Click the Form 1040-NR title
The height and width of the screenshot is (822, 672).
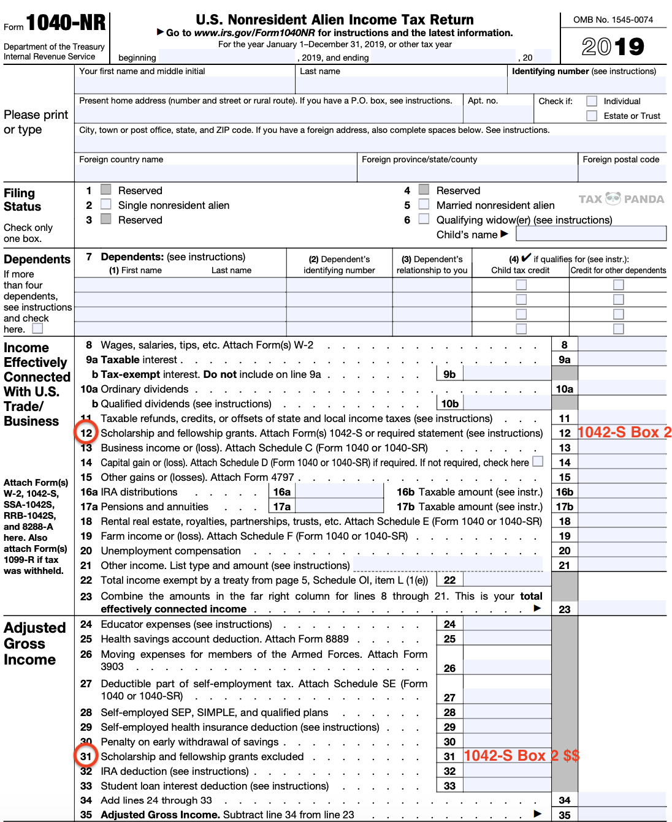coord(65,23)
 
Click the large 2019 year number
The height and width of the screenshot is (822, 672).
coord(613,47)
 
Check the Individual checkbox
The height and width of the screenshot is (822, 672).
coord(592,101)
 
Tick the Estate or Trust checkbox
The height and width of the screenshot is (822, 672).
coord(592,116)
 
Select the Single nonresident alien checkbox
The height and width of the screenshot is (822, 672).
coord(106,205)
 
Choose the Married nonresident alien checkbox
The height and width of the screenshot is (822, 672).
coord(424,205)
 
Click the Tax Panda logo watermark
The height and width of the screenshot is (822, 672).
coord(620,199)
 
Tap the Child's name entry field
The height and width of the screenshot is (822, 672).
coord(590,234)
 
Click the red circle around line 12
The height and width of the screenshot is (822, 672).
coord(86,433)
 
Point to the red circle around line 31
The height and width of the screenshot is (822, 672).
coord(86,756)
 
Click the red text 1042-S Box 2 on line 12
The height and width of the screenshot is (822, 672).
coord(624,432)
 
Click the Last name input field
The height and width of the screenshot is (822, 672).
coord(402,85)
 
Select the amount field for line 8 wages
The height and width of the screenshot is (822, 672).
coord(622,344)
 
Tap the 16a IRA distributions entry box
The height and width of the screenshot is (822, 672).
coord(339,491)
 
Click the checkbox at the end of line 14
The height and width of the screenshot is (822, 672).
coord(538,461)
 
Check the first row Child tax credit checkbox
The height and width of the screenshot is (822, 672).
coord(521,285)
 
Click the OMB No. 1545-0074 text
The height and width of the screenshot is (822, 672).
coord(613,20)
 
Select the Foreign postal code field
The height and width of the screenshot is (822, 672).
coord(621,173)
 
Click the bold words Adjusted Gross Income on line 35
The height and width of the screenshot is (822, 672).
coord(160,815)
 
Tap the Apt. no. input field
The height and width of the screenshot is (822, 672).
coord(497,115)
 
